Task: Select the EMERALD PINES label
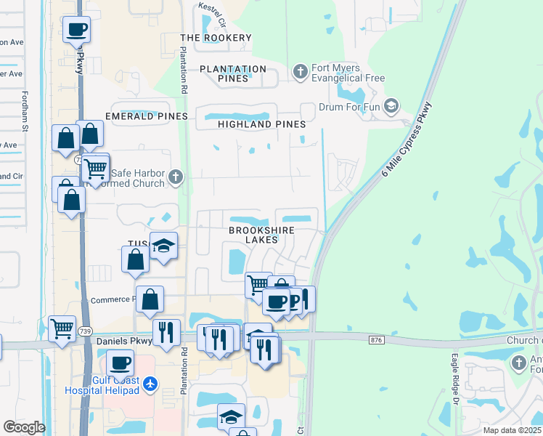tap(147, 116)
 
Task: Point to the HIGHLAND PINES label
tap(262, 124)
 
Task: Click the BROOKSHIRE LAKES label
tap(261, 235)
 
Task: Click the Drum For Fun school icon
tap(391, 107)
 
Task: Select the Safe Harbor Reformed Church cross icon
tap(174, 176)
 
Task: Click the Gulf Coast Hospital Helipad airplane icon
tap(150, 382)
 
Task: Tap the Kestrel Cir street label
tap(212, 16)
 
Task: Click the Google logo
tap(25, 427)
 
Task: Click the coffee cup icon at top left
tap(76, 30)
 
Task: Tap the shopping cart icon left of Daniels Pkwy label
tap(62, 328)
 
